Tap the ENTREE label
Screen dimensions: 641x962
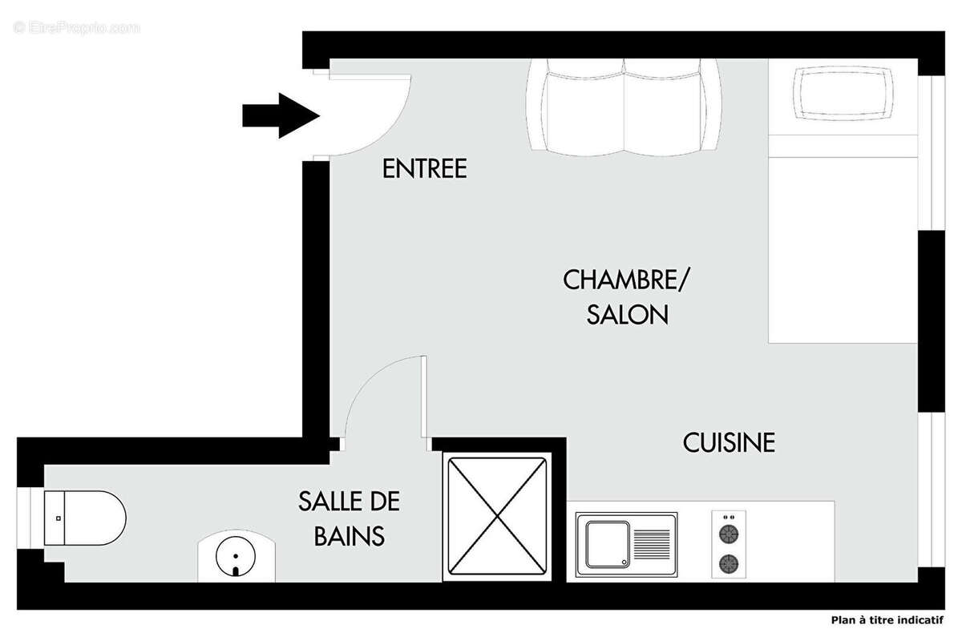(424, 169)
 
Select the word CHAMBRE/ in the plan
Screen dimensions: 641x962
(625, 280)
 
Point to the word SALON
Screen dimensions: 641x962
(628, 315)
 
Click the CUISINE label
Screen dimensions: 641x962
(729, 442)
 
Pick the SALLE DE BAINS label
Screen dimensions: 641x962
(349, 518)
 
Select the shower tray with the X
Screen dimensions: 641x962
(498, 515)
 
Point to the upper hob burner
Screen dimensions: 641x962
(729, 533)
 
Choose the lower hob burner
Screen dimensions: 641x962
(729, 563)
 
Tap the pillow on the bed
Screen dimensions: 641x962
(843, 92)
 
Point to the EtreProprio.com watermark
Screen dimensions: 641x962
(76, 27)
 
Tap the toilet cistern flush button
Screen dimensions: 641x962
(59, 518)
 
